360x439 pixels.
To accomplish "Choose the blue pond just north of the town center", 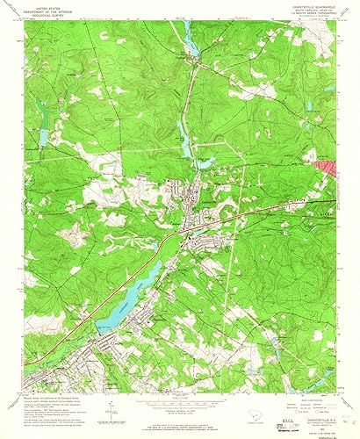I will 184,136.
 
